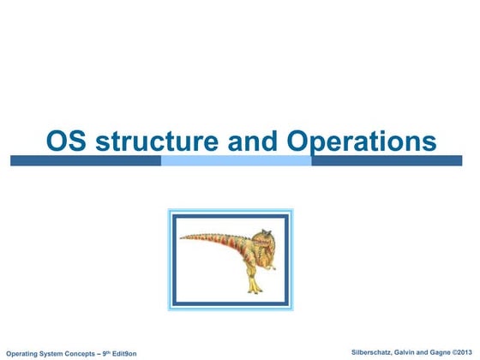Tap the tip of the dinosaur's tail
[x=182, y=238]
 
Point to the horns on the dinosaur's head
[x=266, y=229]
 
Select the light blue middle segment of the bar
[x=236, y=160]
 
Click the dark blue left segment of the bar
[x=86, y=160]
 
